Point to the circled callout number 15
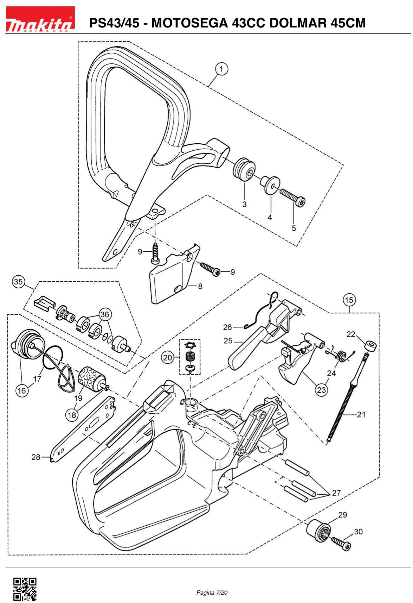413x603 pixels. click(349, 300)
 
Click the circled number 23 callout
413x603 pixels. click(321, 390)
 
